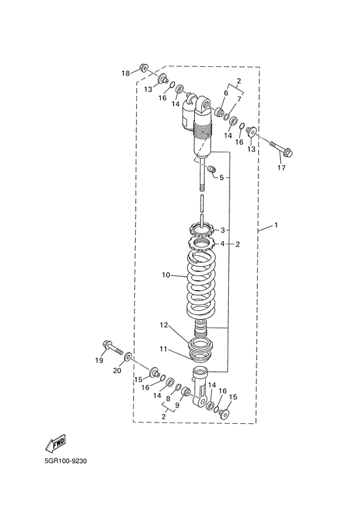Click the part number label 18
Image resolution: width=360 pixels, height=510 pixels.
(125, 73)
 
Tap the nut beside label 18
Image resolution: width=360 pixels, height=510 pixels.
(143, 68)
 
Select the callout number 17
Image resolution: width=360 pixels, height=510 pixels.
(281, 168)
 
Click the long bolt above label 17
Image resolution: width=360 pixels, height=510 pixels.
(281, 148)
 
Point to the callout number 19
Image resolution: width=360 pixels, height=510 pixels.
(99, 360)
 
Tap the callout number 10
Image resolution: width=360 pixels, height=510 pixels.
(166, 275)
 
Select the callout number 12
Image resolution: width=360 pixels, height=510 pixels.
(163, 325)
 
